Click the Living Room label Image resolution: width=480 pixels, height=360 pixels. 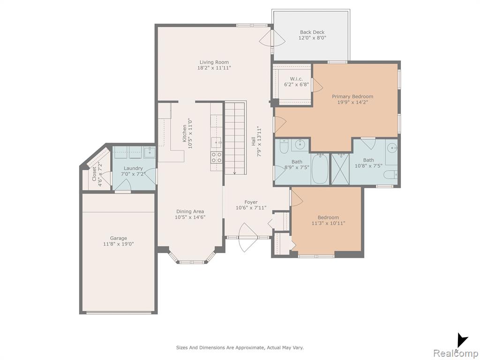click(214, 62)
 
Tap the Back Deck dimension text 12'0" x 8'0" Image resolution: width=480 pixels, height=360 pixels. click(312, 38)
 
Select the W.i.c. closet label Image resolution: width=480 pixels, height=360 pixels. click(296, 79)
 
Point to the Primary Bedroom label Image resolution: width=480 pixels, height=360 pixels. click(352, 97)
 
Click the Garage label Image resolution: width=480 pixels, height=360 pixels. click(119, 238)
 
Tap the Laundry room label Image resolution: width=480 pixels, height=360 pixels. click(133, 168)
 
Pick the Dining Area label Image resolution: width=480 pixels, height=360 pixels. click(190, 211)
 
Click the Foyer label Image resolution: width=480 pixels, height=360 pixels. click(251, 202)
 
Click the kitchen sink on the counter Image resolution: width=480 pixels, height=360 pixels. click(217, 142)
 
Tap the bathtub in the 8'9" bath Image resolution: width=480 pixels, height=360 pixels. click(320, 169)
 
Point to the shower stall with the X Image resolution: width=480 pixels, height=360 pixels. click(340, 169)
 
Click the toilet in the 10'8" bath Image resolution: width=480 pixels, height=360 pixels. click(390, 175)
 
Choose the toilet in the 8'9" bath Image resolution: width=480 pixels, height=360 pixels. click(284, 147)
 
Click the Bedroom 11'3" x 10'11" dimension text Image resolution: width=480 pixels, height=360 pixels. click(328, 223)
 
